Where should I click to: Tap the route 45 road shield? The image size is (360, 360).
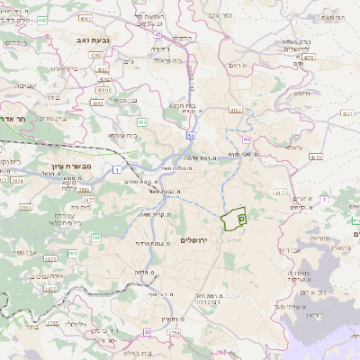pos(156,33)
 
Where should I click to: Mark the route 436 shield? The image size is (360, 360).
pos(142,121)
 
